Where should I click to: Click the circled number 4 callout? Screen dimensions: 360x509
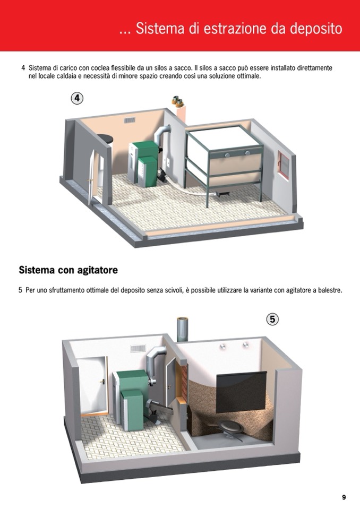click(x=77, y=98)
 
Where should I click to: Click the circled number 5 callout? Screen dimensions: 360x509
click(x=272, y=320)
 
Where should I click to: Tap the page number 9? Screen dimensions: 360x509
click(x=344, y=497)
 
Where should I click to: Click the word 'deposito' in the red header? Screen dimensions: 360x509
click(x=316, y=29)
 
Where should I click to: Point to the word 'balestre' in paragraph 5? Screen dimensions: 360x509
click(x=330, y=290)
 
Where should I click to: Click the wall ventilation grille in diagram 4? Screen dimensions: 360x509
click(x=130, y=120)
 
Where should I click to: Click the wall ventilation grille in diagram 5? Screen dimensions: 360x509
click(x=138, y=348)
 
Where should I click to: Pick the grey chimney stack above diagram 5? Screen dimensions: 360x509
click(x=183, y=329)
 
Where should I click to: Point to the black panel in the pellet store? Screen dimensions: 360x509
click(x=241, y=392)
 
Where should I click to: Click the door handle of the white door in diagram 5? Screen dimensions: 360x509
click(x=102, y=382)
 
